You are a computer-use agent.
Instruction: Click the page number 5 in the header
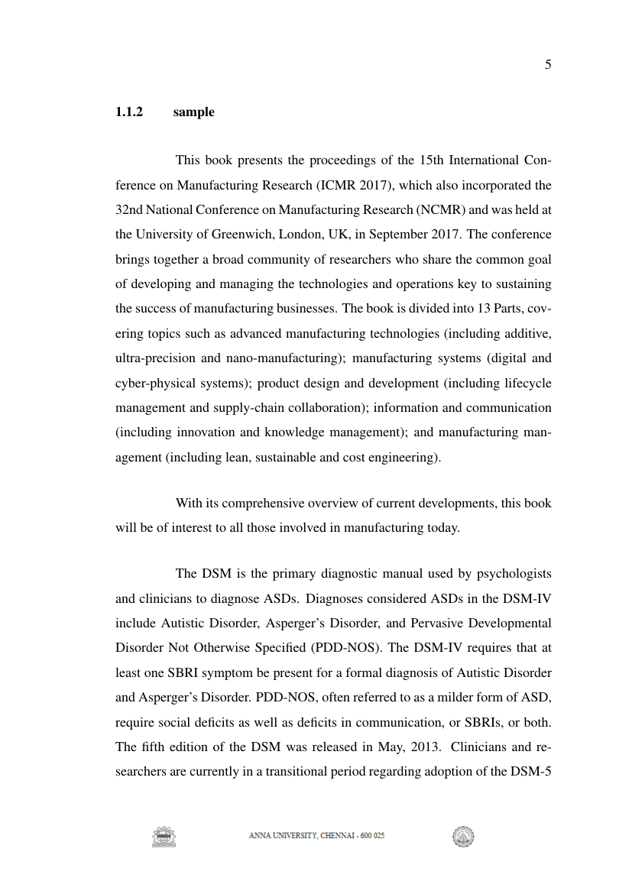coord(548,65)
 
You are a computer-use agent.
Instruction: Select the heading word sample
coord(193,112)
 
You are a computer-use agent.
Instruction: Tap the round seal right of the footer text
coord(463,837)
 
